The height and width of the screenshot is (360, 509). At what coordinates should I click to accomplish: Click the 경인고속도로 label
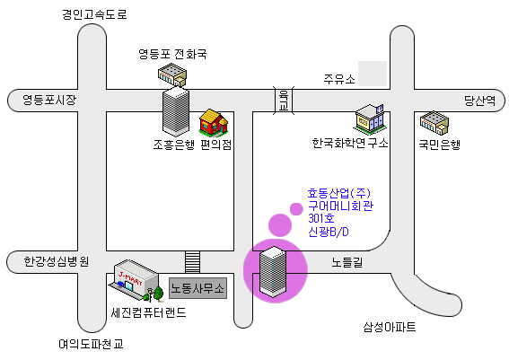(94, 14)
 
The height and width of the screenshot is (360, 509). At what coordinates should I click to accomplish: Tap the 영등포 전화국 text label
(172, 54)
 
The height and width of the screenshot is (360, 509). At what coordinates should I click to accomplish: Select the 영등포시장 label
(49, 100)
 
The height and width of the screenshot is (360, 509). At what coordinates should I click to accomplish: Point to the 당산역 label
(479, 101)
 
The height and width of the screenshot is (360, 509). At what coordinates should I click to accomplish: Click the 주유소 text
(339, 79)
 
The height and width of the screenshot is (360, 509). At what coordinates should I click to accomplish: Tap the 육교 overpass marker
(284, 101)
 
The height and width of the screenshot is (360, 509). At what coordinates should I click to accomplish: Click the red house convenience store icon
(214, 122)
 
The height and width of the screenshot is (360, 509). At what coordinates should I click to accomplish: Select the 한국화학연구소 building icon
(370, 119)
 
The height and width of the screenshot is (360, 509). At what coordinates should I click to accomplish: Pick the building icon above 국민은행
(434, 123)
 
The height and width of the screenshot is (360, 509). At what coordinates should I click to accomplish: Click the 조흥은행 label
(174, 145)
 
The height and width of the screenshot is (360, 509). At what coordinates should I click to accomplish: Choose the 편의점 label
(215, 145)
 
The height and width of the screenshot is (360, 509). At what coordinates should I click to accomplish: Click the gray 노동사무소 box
(197, 288)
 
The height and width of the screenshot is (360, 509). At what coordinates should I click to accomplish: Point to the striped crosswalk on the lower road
(192, 262)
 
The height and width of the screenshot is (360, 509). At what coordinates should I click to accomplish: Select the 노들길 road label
(347, 262)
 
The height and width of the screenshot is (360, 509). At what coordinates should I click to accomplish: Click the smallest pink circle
(296, 209)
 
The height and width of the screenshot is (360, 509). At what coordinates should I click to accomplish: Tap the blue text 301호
(321, 218)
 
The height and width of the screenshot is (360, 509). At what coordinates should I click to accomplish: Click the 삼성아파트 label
(390, 327)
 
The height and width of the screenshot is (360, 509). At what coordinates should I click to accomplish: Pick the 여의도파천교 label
(92, 344)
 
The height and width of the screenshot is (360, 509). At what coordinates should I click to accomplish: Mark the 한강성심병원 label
(57, 261)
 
